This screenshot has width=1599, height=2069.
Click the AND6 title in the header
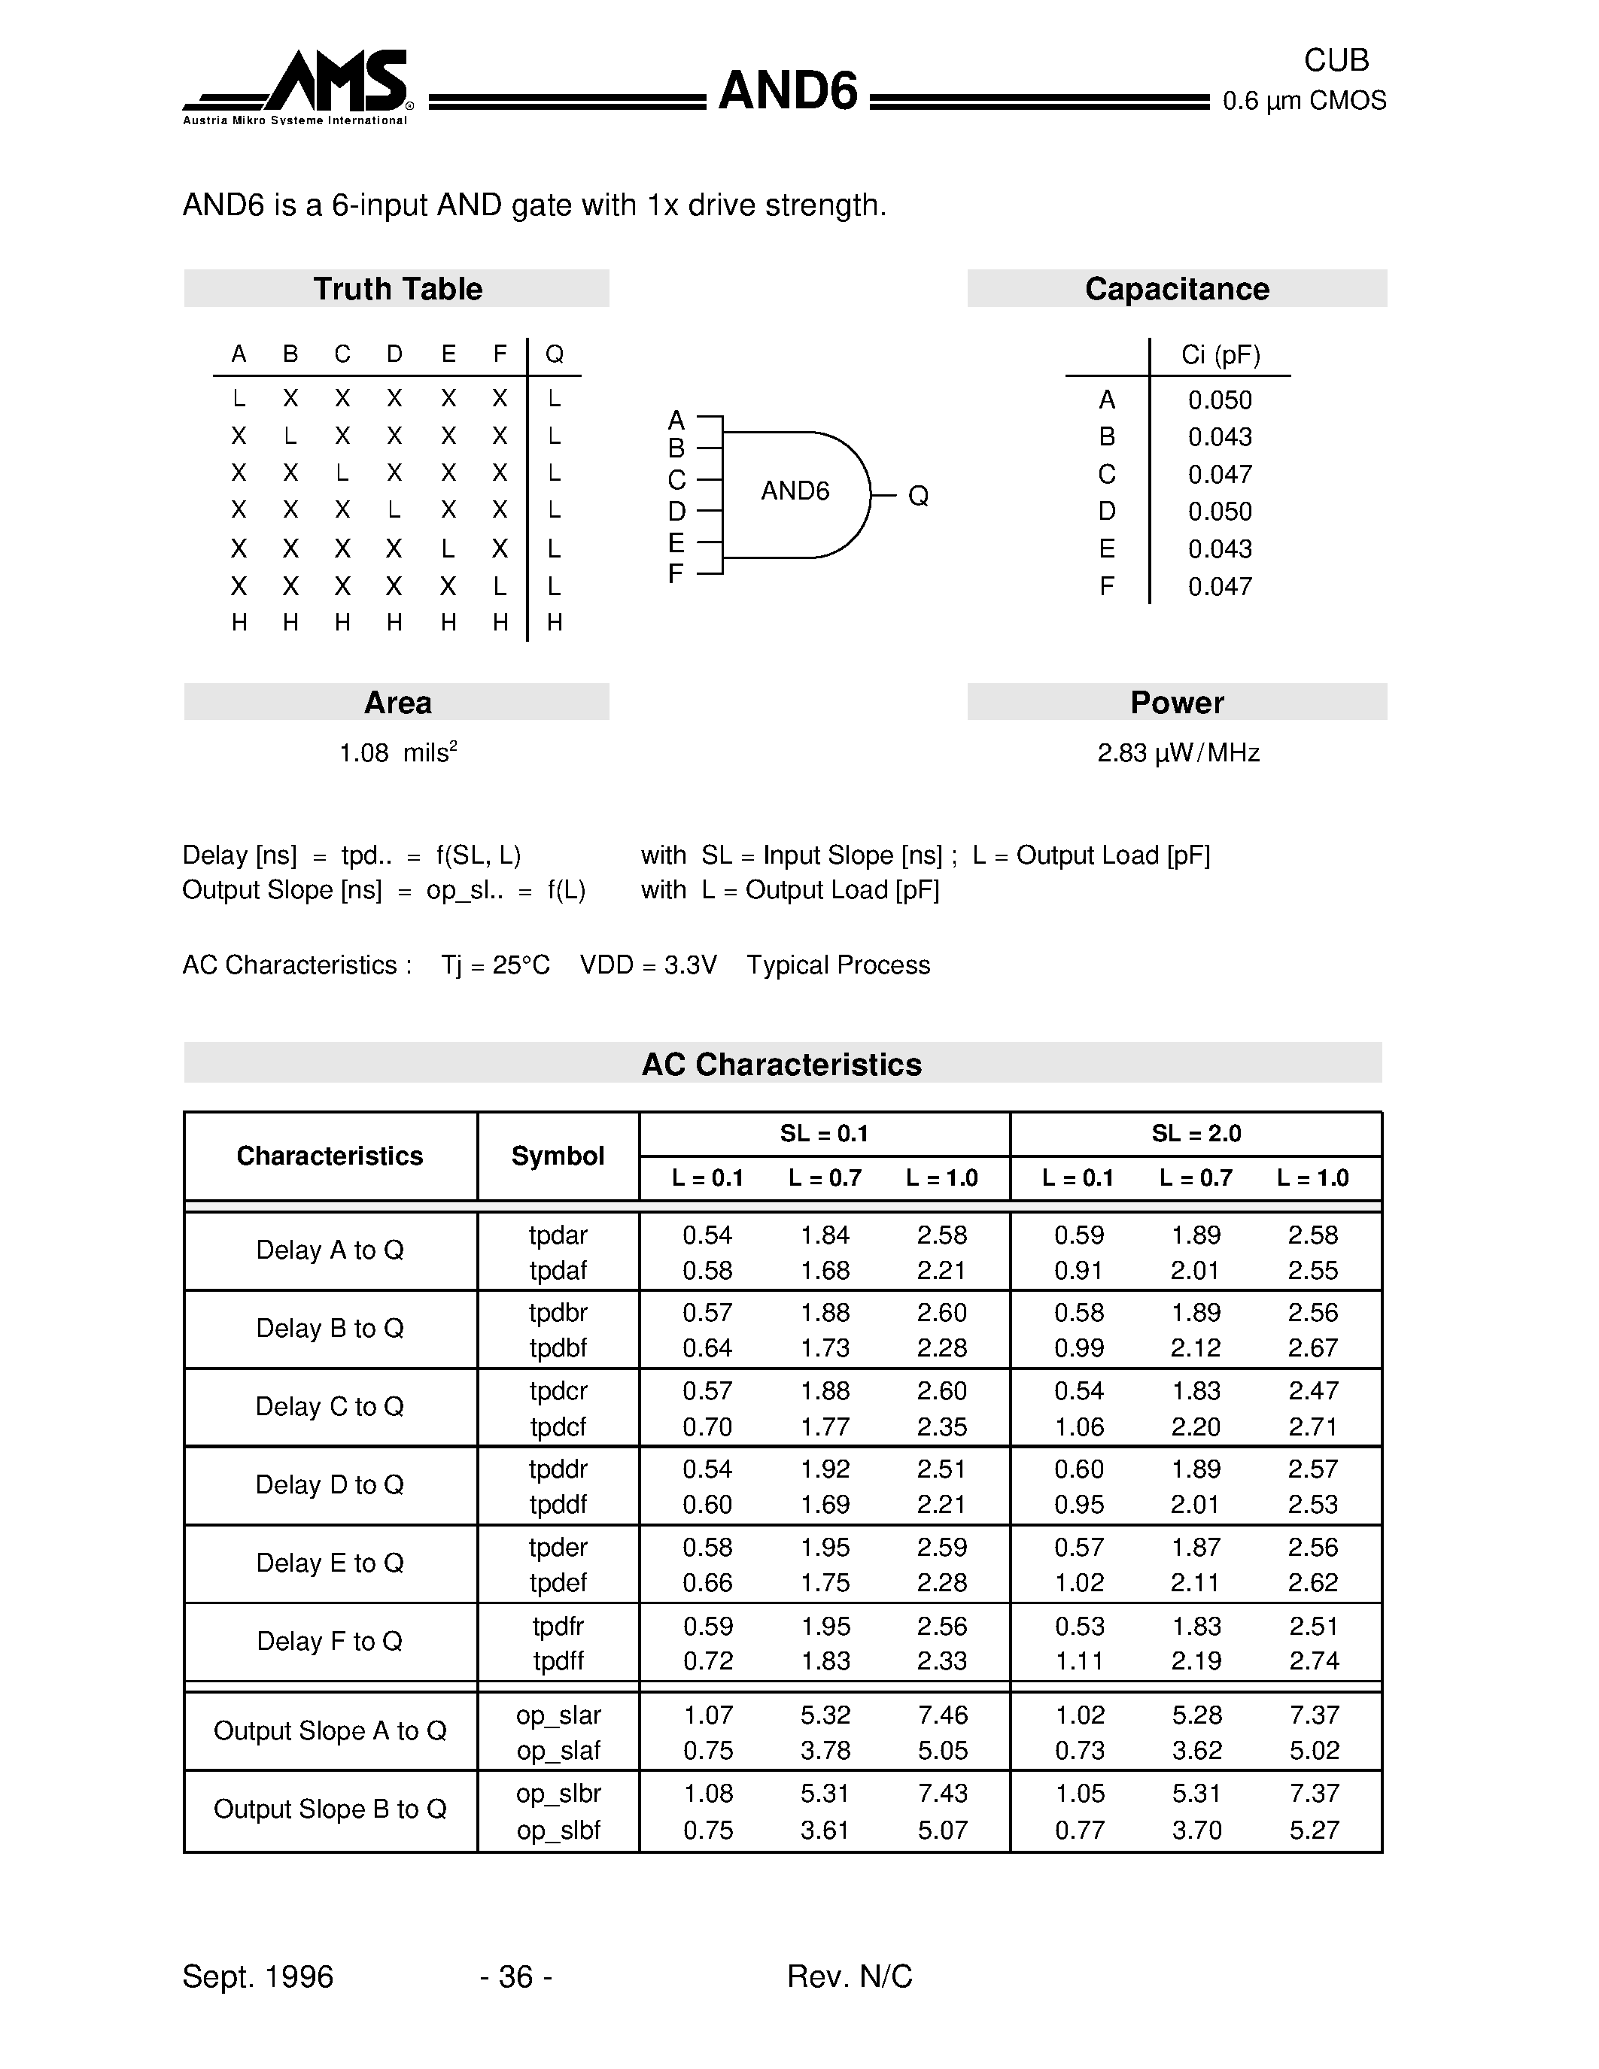(787, 92)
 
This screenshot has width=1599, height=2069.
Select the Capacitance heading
(1177, 289)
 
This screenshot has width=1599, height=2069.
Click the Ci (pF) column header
(1220, 355)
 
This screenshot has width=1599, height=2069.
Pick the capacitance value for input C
(1220, 475)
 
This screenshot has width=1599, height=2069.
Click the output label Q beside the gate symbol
(917, 496)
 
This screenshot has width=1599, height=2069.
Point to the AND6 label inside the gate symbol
(795, 491)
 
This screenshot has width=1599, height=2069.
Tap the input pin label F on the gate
(676, 574)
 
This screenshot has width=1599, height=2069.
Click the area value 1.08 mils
(398, 753)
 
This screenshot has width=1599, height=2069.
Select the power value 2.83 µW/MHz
(1178, 753)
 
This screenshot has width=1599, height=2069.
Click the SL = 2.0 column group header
(1196, 1134)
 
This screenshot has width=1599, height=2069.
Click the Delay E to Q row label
(330, 1563)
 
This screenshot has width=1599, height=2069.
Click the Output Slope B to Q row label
(330, 1809)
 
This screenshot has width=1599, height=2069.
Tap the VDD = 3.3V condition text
(648, 965)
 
